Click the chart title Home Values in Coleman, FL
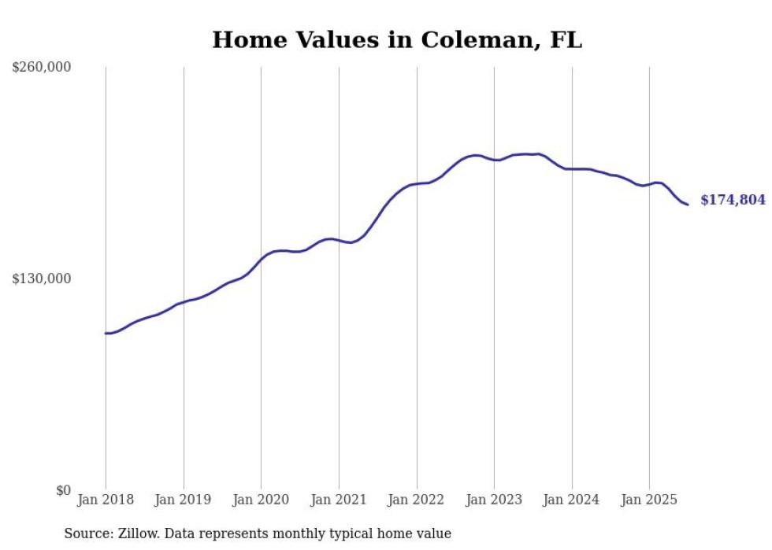tap(397, 40)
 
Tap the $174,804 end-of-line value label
tap(732, 200)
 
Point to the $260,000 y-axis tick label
tap(42, 67)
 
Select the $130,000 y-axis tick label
tap(42, 279)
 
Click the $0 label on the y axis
tap(63, 490)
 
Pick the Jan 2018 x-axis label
tap(106, 500)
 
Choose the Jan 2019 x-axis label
tap(184, 500)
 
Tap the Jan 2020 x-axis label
tap(261, 500)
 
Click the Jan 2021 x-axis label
tap(339, 500)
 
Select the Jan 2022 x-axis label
tap(417, 500)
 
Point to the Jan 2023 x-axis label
tap(494, 500)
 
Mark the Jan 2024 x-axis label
tap(572, 500)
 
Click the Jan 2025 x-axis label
tap(649, 500)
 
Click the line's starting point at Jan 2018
tap(106, 334)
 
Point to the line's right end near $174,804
tap(688, 205)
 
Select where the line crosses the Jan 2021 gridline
tap(339, 240)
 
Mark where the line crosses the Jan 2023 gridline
tap(494, 160)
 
